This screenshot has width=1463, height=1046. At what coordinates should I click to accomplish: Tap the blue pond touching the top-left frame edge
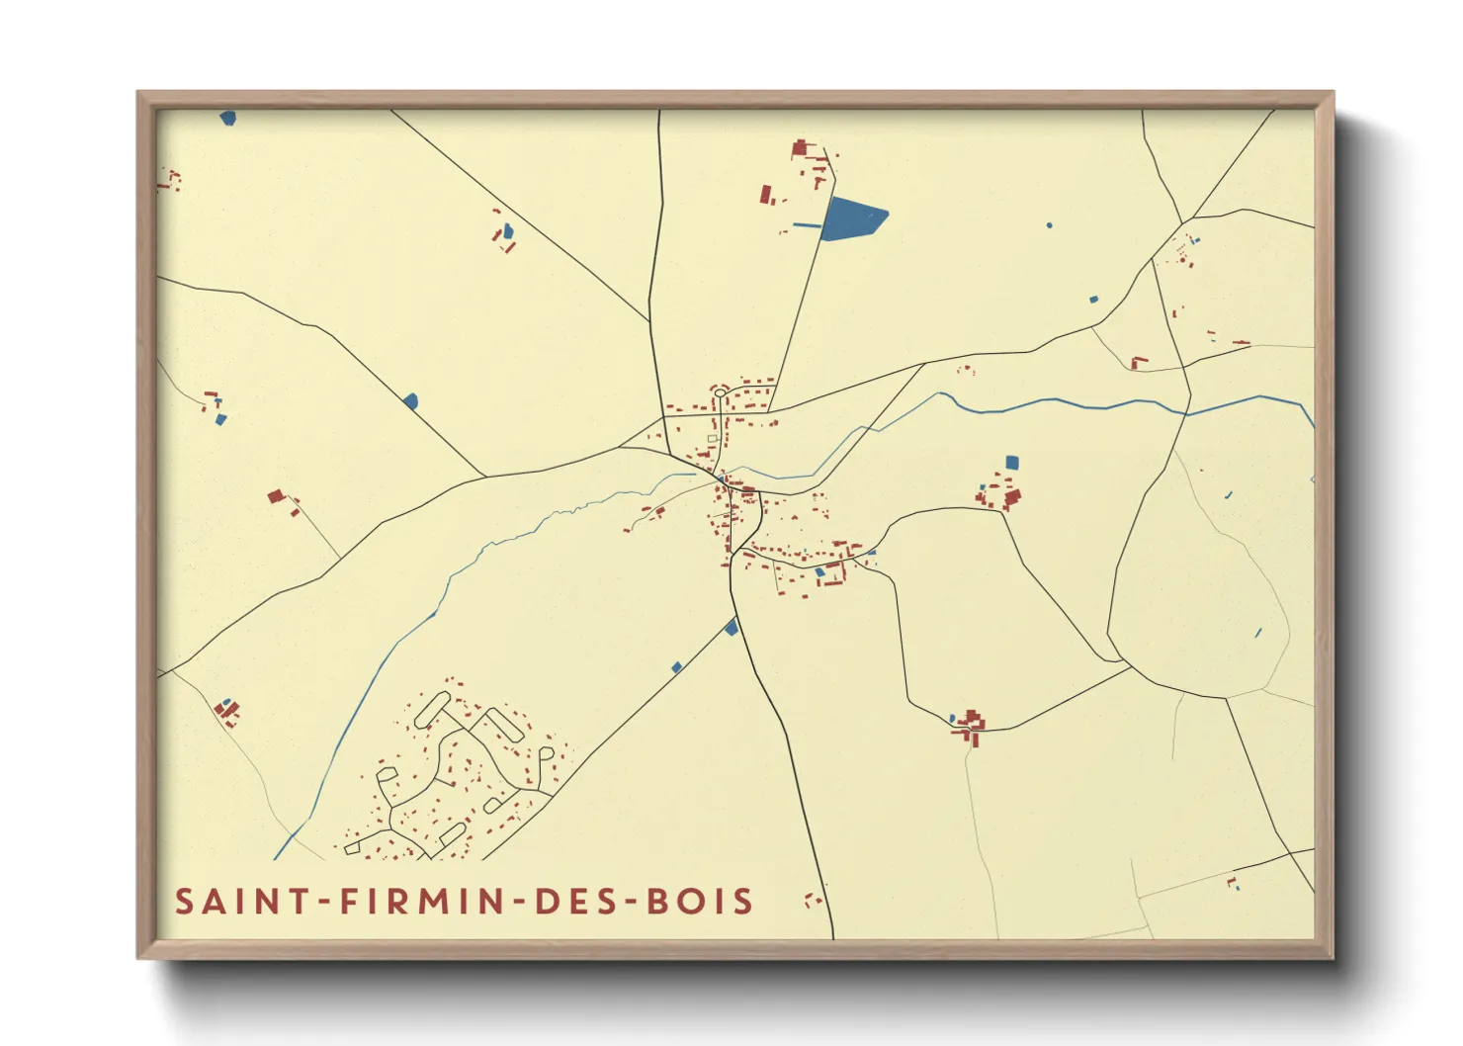[x=228, y=118]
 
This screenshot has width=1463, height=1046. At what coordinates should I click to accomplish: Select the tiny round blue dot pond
[x=1050, y=225]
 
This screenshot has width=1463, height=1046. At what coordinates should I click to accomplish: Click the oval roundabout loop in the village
[x=720, y=393]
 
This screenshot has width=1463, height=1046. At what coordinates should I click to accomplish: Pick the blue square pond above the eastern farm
[x=1011, y=462]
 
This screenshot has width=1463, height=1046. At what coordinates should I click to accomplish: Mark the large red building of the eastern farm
[x=1011, y=496]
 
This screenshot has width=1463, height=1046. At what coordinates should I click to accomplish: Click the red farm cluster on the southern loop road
[x=970, y=727]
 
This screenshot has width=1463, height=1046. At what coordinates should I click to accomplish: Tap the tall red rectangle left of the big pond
[x=765, y=194]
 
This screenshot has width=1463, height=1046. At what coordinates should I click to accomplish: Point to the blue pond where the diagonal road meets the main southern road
[x=731, y=627]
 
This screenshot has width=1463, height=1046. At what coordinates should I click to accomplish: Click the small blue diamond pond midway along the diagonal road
[x=677, y=668]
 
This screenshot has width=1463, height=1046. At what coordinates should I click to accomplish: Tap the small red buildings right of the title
[x=814, y=900]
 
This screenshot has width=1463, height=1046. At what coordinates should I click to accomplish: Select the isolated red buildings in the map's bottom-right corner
[x=1233, y=883]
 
